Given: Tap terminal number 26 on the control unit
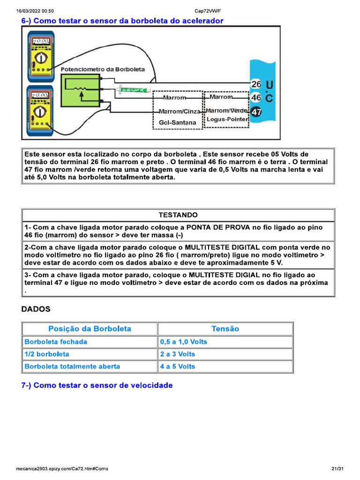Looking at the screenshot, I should point(256,84).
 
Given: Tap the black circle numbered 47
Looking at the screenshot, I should point(257,112).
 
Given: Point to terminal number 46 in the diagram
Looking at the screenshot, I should point(256,98).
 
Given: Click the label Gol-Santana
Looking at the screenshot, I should point(178,123).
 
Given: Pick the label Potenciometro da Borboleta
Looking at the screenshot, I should point(103,69).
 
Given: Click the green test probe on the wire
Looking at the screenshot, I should point(134,89).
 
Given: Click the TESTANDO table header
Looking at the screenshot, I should point(178,215).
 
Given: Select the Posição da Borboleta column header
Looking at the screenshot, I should point(90,329).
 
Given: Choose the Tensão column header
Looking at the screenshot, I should point(225,329).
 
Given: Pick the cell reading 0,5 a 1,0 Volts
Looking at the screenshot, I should point(184,342).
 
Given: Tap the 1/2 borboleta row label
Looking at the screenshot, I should point(47,354).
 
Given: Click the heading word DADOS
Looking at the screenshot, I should point(36,309).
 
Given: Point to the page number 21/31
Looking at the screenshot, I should point(337,469).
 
